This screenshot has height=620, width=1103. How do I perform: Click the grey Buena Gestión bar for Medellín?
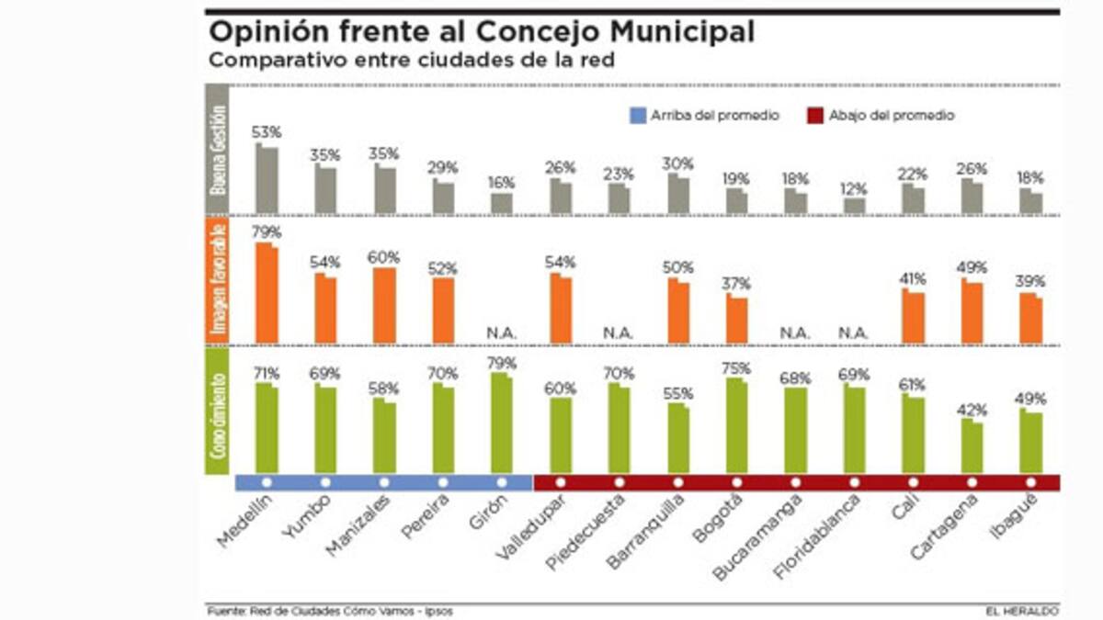point(267,179)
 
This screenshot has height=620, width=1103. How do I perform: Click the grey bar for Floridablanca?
point(854,205)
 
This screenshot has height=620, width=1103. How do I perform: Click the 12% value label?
point(854,189)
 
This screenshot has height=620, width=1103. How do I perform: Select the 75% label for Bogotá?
point(736,367)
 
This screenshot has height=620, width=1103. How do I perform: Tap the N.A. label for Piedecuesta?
point(619,333)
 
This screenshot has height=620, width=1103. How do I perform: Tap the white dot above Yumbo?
point(325,482)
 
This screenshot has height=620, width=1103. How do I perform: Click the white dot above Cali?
point(913,482)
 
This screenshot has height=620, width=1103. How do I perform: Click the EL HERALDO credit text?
point(1025,610)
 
